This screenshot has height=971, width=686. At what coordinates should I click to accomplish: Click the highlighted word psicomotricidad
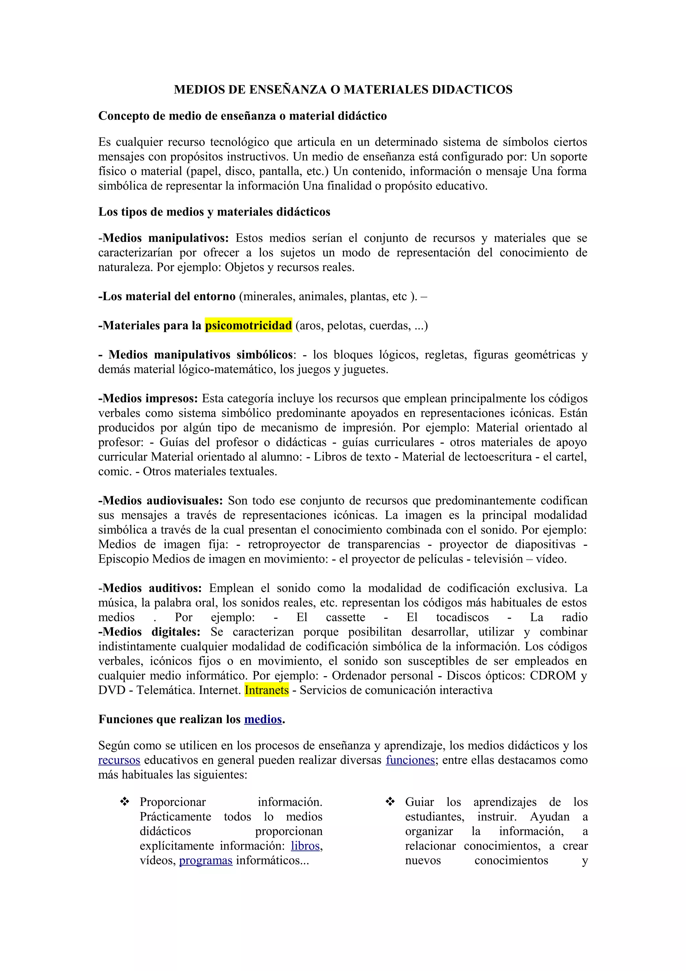pos(249,325)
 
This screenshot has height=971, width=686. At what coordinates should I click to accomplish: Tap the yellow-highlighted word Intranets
pos(267,690)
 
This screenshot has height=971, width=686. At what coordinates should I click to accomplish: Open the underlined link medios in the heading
pos(263,719)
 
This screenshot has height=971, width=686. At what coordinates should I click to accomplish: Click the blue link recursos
pos(119,760)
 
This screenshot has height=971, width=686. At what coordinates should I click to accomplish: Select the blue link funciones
pos(410,760)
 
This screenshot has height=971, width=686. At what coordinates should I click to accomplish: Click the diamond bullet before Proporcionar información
pos(125,801)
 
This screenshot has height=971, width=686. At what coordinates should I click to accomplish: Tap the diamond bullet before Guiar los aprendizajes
pos(390,801)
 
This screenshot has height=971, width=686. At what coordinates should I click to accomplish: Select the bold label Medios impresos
pos(148,398)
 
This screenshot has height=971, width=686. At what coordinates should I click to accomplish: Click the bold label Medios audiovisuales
pos(161,501)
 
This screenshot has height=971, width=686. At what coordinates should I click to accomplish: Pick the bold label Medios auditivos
pos(150,588)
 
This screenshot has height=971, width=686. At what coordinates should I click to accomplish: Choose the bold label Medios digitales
pos(150,632)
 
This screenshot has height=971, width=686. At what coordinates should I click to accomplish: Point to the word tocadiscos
pos(462,618)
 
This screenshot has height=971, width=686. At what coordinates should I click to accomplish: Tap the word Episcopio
pos(124,559)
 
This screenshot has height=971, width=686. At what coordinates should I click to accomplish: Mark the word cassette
pos(345,618)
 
